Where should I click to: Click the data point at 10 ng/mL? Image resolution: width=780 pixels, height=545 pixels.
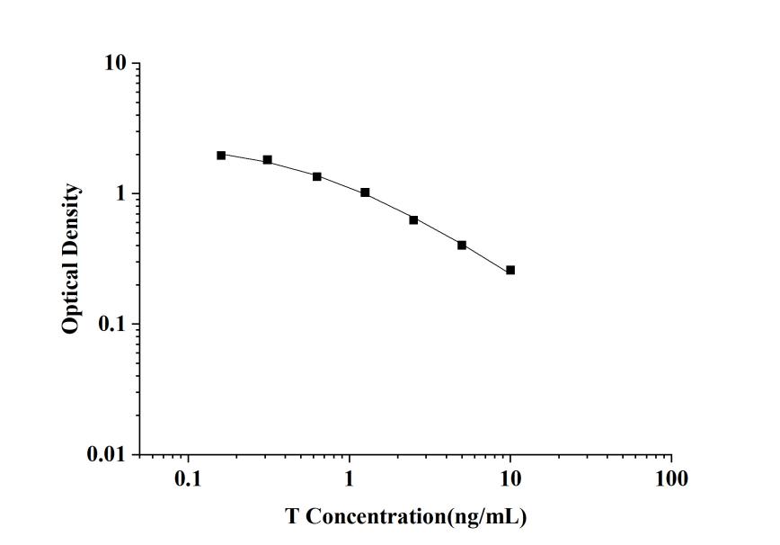click(510, 270)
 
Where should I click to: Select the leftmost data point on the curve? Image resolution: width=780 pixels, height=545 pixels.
click(221, 155)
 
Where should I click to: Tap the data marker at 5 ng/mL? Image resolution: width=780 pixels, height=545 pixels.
click(462, 245)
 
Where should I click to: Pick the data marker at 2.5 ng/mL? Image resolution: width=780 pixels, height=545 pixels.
click(413, 219)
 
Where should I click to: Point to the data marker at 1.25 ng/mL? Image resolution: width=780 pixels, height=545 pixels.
click(365, 192)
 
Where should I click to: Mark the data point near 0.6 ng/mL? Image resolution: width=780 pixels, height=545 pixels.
click(317, 176)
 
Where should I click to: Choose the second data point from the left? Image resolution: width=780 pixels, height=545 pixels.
click(268, 160)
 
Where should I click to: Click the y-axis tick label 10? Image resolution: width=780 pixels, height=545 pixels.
click(117, 65)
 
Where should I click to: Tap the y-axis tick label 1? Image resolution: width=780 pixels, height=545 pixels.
click(123, 194)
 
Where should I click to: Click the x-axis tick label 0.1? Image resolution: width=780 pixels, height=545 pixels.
click(188, 478)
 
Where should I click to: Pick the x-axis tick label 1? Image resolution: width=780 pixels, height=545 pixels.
click(349, 478)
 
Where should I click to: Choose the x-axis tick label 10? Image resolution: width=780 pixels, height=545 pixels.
click(510, 478)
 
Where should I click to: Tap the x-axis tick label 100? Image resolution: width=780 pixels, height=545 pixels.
click(671, 478)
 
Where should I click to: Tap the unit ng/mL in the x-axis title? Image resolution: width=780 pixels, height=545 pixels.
click(483, 517)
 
